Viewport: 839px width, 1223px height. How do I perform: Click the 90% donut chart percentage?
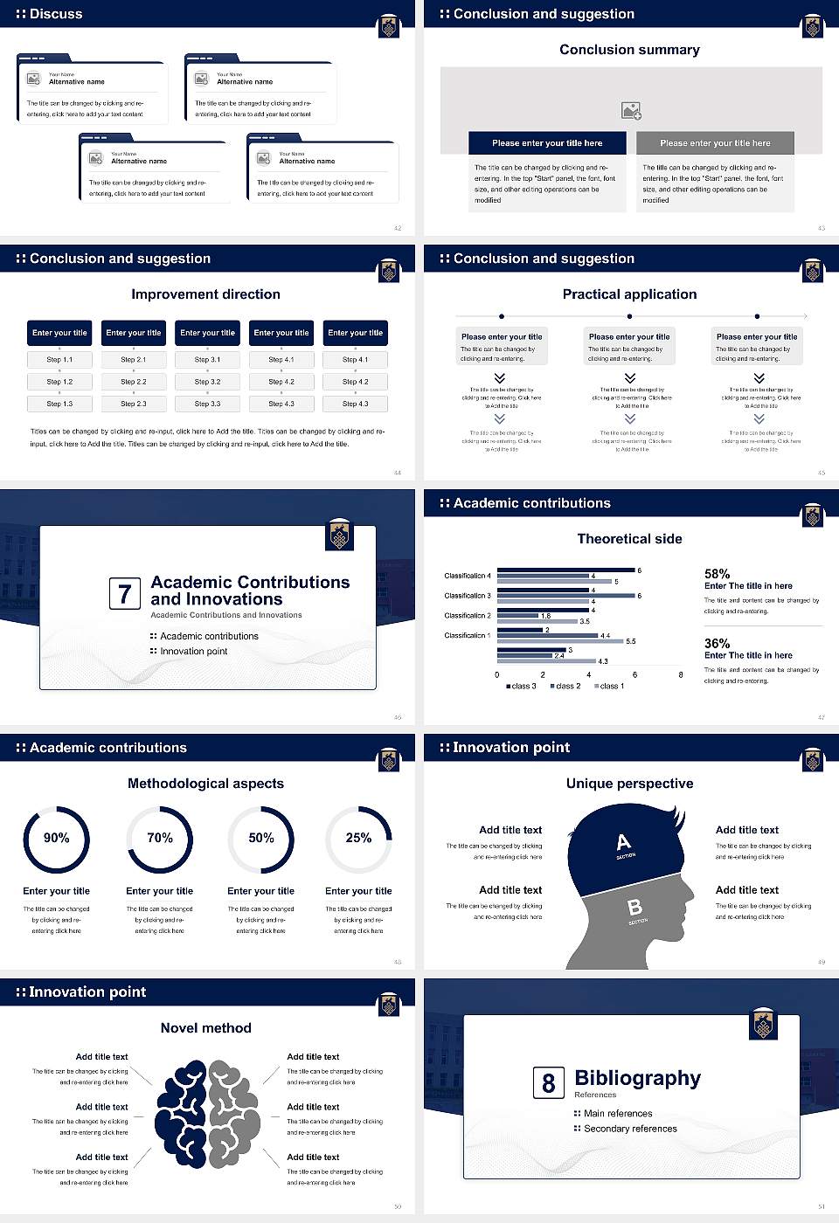(x=56, y=838)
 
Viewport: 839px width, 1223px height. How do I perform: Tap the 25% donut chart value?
(x=358, y=838)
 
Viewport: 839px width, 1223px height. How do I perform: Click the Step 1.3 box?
(x=59, y=404)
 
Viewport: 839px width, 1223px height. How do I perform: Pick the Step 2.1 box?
(x=133, y=359)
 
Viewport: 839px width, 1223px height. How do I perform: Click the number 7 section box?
(x=124, y=594)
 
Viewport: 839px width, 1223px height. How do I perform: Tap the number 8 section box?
(x=548, y=1083)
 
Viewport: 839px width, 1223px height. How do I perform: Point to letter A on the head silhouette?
(x=623, y=842)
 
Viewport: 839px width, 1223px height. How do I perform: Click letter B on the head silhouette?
(x=635, y=909)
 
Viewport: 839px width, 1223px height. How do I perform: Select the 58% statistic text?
(x=717, y=574)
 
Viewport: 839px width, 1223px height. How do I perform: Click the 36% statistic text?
(x=717, y=643)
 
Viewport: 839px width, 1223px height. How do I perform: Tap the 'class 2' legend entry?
(x=565, y=686)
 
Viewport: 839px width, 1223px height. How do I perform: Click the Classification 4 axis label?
(x=468, y=576)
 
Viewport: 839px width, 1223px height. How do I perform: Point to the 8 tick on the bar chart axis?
(x=681, y=674)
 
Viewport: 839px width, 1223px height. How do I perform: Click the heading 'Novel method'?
(x=205, y=1028)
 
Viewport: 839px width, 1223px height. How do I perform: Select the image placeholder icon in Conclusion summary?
(x=631, y=111)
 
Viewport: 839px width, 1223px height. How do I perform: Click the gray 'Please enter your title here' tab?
(x=715, y=143)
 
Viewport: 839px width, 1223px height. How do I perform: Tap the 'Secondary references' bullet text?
(x=630, y=1129)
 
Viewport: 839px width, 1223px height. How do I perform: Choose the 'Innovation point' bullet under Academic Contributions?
(x=193, y=651)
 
